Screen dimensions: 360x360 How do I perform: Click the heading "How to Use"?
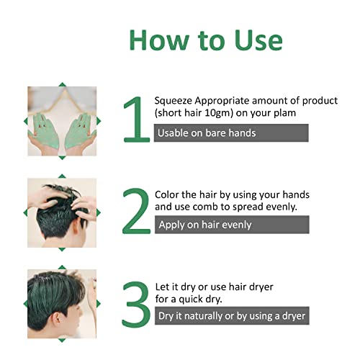pos(207,39)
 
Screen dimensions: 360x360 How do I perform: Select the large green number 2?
pos(134,212)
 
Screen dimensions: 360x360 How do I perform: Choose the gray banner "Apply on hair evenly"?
pos(231,225)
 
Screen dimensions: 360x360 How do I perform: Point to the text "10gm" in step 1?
pos(219,112)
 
